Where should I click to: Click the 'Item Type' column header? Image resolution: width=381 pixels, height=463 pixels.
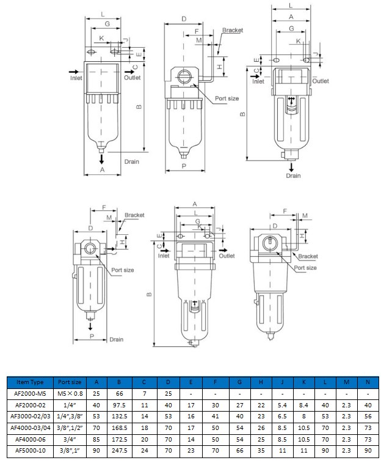pos(30,382)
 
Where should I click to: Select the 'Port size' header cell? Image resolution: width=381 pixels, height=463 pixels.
pos(70,382)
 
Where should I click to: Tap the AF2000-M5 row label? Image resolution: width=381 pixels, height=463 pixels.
pos(30,394)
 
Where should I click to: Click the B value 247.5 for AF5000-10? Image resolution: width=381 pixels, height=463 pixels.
pos(119,451)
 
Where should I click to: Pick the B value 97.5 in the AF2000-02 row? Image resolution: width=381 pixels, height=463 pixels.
pos(119,405)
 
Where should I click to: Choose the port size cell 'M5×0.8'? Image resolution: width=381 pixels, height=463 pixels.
pos(70,394)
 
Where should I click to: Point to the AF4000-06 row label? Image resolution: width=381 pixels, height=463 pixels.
pos(30,439)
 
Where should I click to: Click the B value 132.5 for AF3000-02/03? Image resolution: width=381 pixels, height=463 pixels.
pos(119,417)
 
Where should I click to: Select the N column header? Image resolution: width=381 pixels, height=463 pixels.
pos(368,382)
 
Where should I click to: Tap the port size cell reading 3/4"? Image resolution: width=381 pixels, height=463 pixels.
pos(70,439)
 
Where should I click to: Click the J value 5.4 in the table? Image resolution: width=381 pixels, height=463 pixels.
pos(282,405)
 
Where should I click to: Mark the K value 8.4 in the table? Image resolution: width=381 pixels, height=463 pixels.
pos(303,405)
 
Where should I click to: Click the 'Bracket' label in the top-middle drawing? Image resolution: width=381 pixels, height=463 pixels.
pos(233,30)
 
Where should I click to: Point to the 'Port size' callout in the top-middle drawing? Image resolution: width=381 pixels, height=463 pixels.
pos(227,98)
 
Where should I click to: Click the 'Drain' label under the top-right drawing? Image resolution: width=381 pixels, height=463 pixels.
pos(293,176)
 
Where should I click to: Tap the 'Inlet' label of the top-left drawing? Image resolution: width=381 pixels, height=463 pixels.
pos(76,78)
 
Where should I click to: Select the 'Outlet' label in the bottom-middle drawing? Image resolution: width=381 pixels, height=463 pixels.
pos(227,256)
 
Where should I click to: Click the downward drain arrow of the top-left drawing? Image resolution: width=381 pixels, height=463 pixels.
pos(101,159)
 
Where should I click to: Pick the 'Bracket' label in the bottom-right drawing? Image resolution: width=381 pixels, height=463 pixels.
pos(308,256)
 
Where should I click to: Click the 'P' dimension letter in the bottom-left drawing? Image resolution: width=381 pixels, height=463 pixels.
pos(92,336)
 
